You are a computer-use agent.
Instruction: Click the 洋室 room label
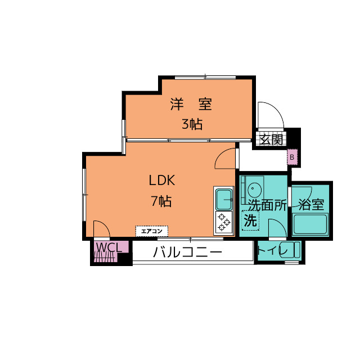pyautogui.click(x=191, y=104)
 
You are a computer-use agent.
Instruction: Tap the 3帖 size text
pyautogui.click(x=192, y=124)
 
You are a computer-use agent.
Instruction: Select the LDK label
pyautogui.click(x=162, y=180)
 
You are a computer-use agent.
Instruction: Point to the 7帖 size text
pyautogui.click(x=161, y=201)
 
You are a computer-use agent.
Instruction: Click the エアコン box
pyautogui.click(x=152, y=231)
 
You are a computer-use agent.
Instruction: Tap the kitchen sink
pyautogui.click(x=224, y=199)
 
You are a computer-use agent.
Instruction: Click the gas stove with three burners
pyautogui.click(x=224, y=222)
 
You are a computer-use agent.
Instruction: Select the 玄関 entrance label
pyautogui.click(x=271, y=139)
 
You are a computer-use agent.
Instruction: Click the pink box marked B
pyautogui.click(x=292, y=157)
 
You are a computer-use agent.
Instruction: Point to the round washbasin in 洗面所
pyautogui.click(x=254, y=190)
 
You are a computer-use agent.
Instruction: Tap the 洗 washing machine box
pyautogui.click(x=250, y=220)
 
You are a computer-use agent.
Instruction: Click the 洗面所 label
pyautogui.click(x=268, y=205)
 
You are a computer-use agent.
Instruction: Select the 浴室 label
pyautogui.click(x=311, y=205)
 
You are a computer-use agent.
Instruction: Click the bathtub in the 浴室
pyautogui.click(x=310, y=224)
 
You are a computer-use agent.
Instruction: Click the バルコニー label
pyautogui.click(x=187, y=252)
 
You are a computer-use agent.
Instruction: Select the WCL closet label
pyautogui.click(x=109, y=247)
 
